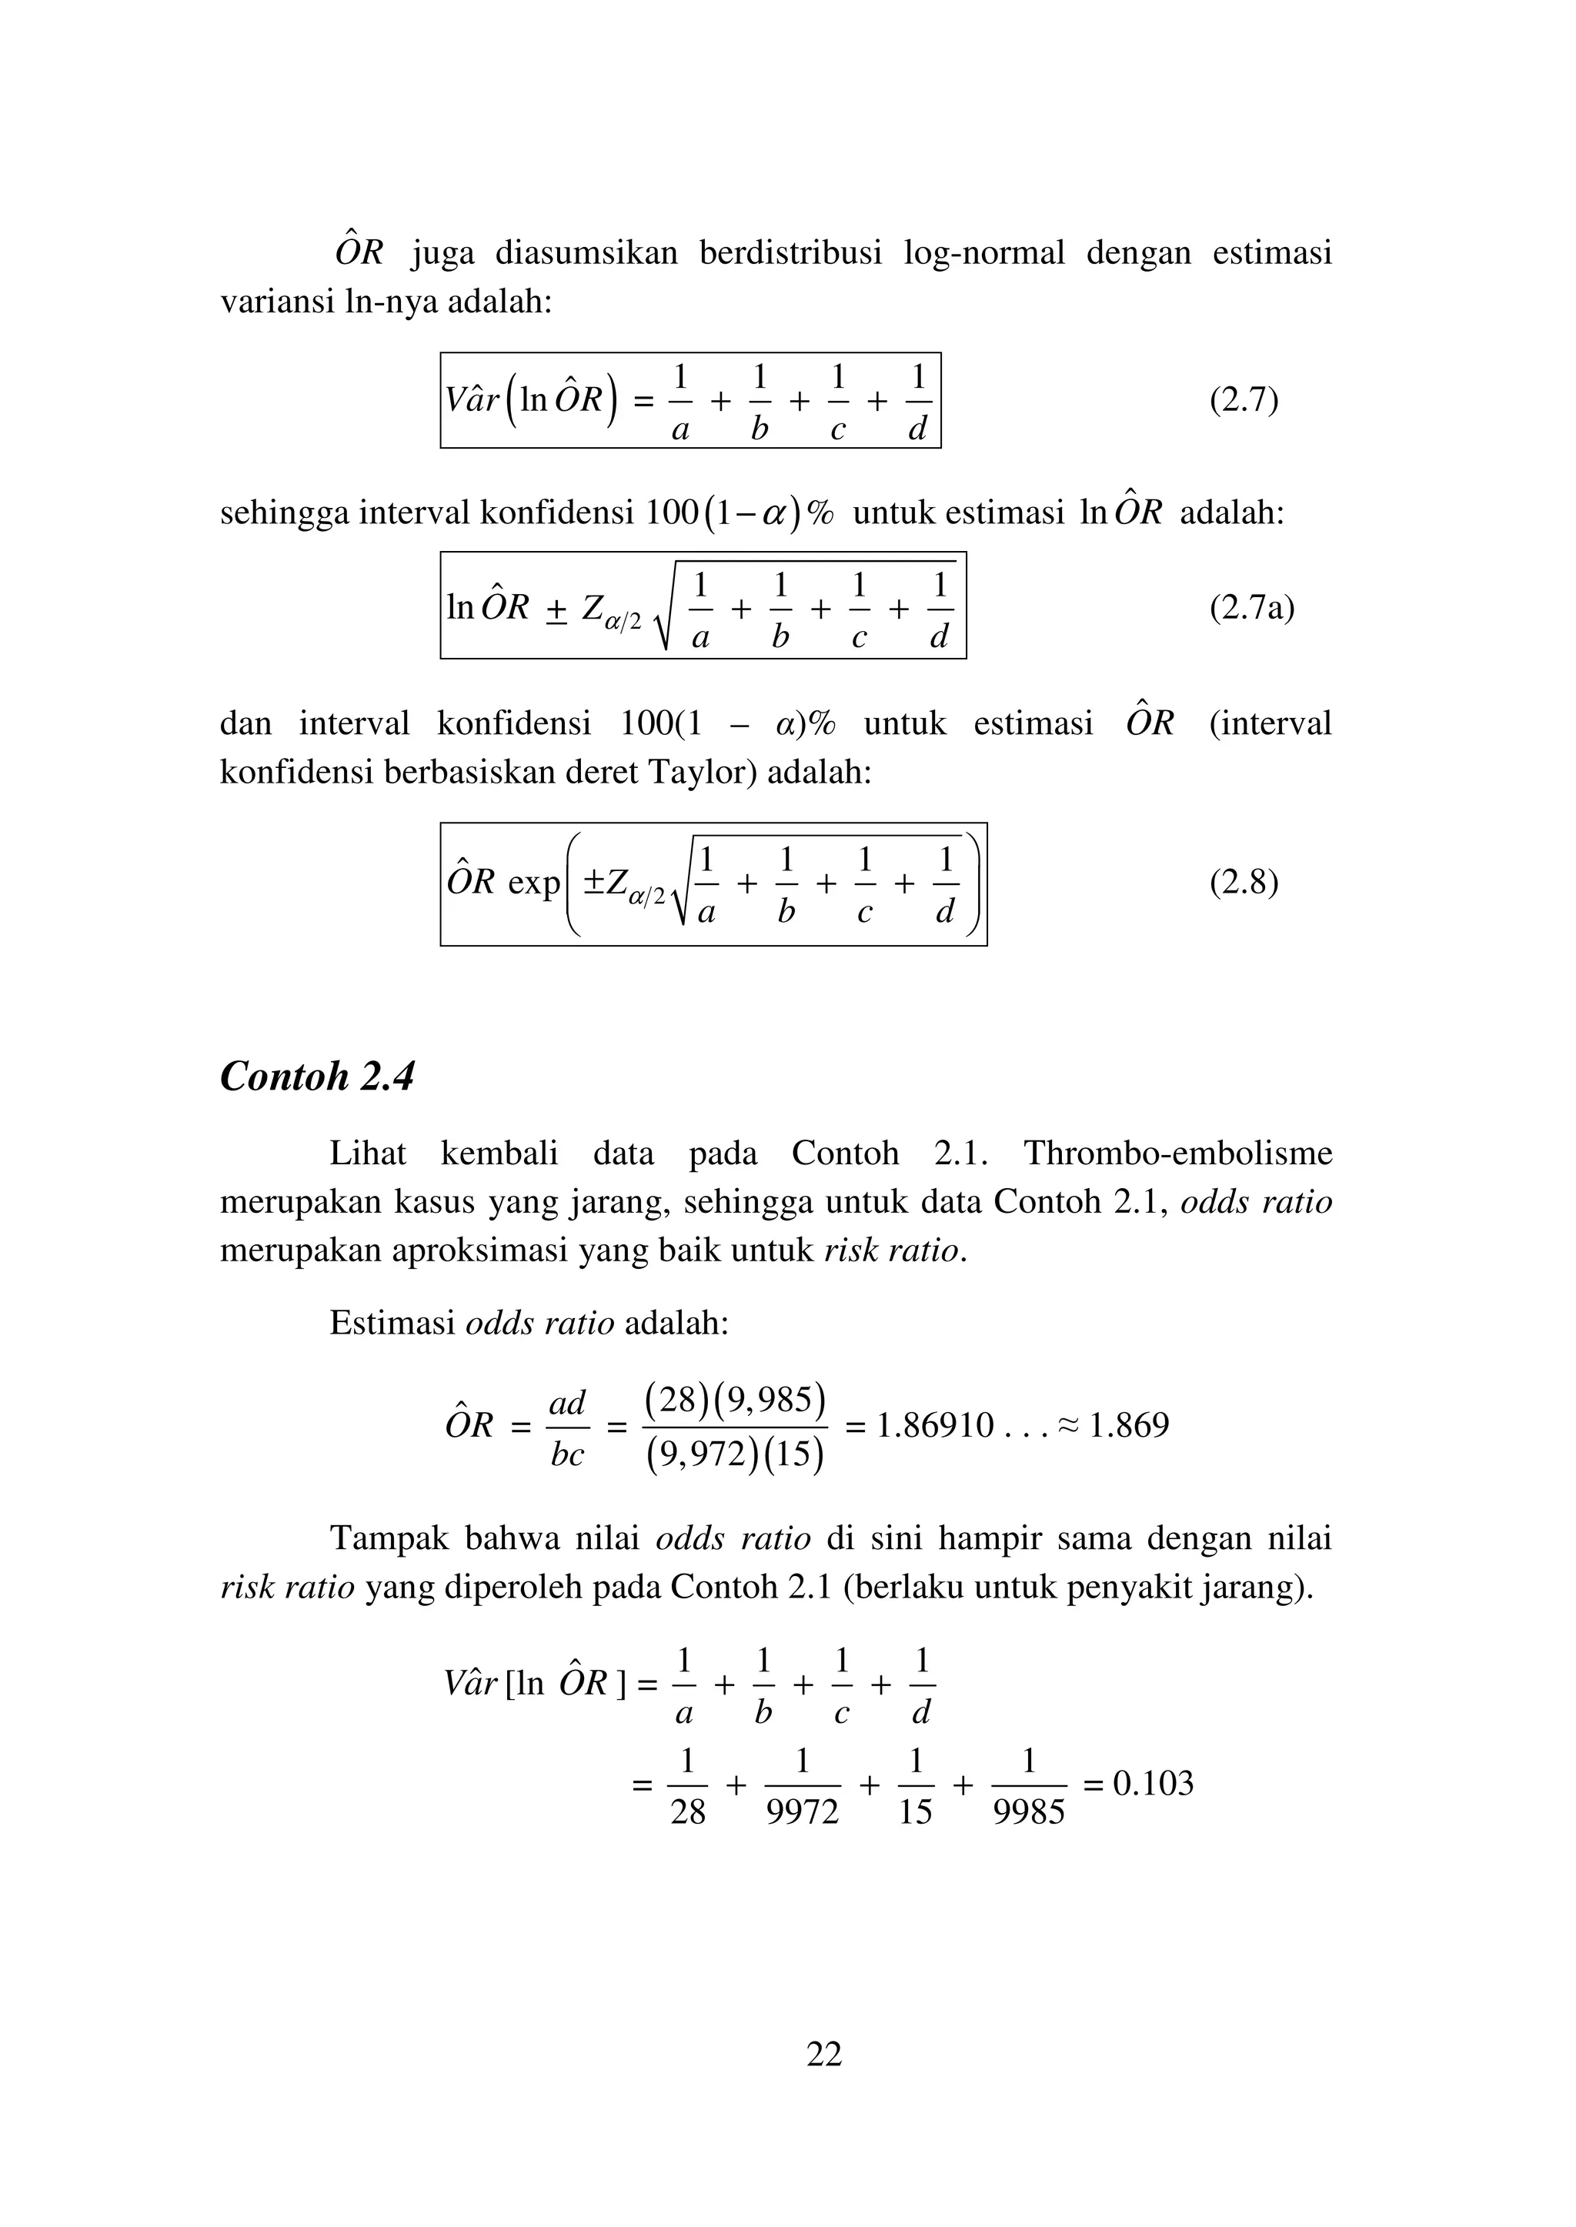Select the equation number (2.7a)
point(1251,609)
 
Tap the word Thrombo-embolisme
point(1177,1153)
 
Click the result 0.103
point(1153,1784)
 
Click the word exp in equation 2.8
point(534,883)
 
